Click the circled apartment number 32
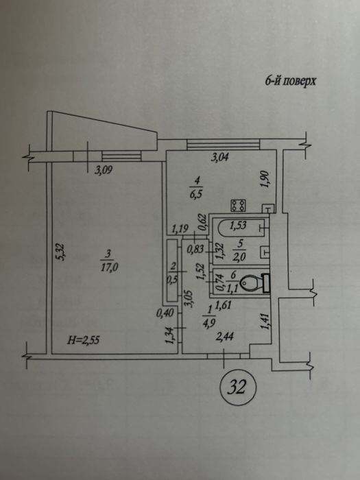(238, 387)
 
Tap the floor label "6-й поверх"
(290, 81)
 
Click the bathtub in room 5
(241, 227)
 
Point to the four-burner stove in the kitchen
(238, 205)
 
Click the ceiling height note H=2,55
(83, 340)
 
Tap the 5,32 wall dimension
(60, 252)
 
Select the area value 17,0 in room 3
(109, 268)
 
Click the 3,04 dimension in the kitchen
(220, 158)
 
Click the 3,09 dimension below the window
(103, 170)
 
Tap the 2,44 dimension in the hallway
(225, 337)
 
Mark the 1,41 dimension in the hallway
(265, 320)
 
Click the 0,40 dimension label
(165, 313)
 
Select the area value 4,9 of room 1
(209, 323)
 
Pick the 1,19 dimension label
(180, 228)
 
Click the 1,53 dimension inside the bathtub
(238, 226)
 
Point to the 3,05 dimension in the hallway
(189, 299)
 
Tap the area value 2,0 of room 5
(239, 257)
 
